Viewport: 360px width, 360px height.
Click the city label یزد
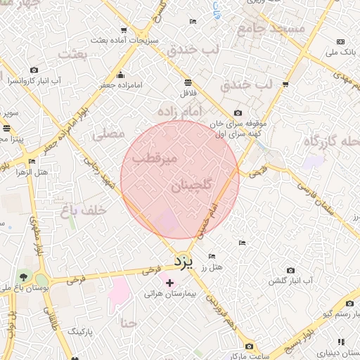pos(183,262)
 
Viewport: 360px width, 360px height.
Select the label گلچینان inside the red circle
pos(190,186)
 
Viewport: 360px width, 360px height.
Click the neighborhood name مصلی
pos(108,132)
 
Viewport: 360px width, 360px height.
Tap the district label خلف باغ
pos(83,210)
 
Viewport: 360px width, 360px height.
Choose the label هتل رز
pos(211,267)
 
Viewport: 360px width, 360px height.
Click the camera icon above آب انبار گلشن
pos(290,271)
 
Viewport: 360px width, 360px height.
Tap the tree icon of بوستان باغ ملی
pos(25,276)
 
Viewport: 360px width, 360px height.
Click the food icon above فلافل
pos(188,82)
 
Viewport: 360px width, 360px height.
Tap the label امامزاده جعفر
pos(120,85)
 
